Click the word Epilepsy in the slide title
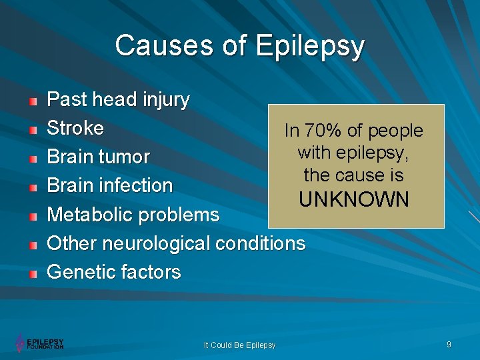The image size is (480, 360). point(310,47)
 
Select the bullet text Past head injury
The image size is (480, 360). point(118,100)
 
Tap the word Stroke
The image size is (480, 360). point(75,128)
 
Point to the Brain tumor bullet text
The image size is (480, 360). point(98,157)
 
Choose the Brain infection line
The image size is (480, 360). point(109,185)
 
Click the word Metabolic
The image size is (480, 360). point(89,215)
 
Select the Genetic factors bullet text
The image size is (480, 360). point(113,272)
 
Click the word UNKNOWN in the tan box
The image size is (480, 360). point(354,199)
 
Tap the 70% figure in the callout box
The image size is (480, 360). point(323,131)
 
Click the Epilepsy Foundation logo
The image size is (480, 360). point(40,343)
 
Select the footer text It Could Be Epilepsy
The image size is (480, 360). point(239,345)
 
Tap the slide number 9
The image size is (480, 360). point(449,344)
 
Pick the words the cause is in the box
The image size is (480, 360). point(354,175)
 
